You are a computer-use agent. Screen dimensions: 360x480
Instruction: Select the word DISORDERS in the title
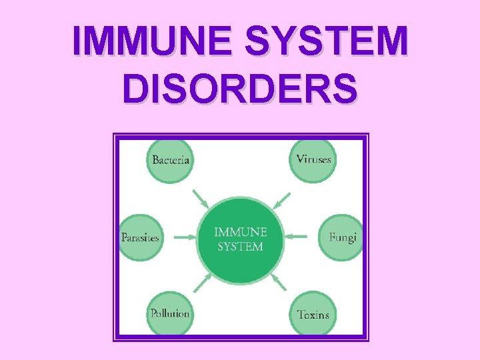(240, 88)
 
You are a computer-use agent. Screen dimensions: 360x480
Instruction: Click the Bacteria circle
(171, 160)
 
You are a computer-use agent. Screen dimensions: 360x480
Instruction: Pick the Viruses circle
(313, 160)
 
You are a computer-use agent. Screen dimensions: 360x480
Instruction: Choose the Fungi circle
(341, 237)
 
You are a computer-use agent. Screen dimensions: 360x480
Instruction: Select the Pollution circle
(170, 313)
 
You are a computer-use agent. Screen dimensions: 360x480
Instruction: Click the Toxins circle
(313, 313)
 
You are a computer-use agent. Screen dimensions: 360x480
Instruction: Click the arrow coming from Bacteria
(200, 199)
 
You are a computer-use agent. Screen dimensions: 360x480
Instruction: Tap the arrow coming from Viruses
(282, 199)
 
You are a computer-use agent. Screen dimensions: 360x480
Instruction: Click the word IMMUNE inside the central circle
(240, 232)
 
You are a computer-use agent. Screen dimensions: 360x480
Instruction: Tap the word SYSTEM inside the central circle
(240, 247)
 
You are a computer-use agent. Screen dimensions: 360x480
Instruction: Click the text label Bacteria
(171, 160)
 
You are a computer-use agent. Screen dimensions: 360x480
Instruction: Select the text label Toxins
(313, 314)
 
